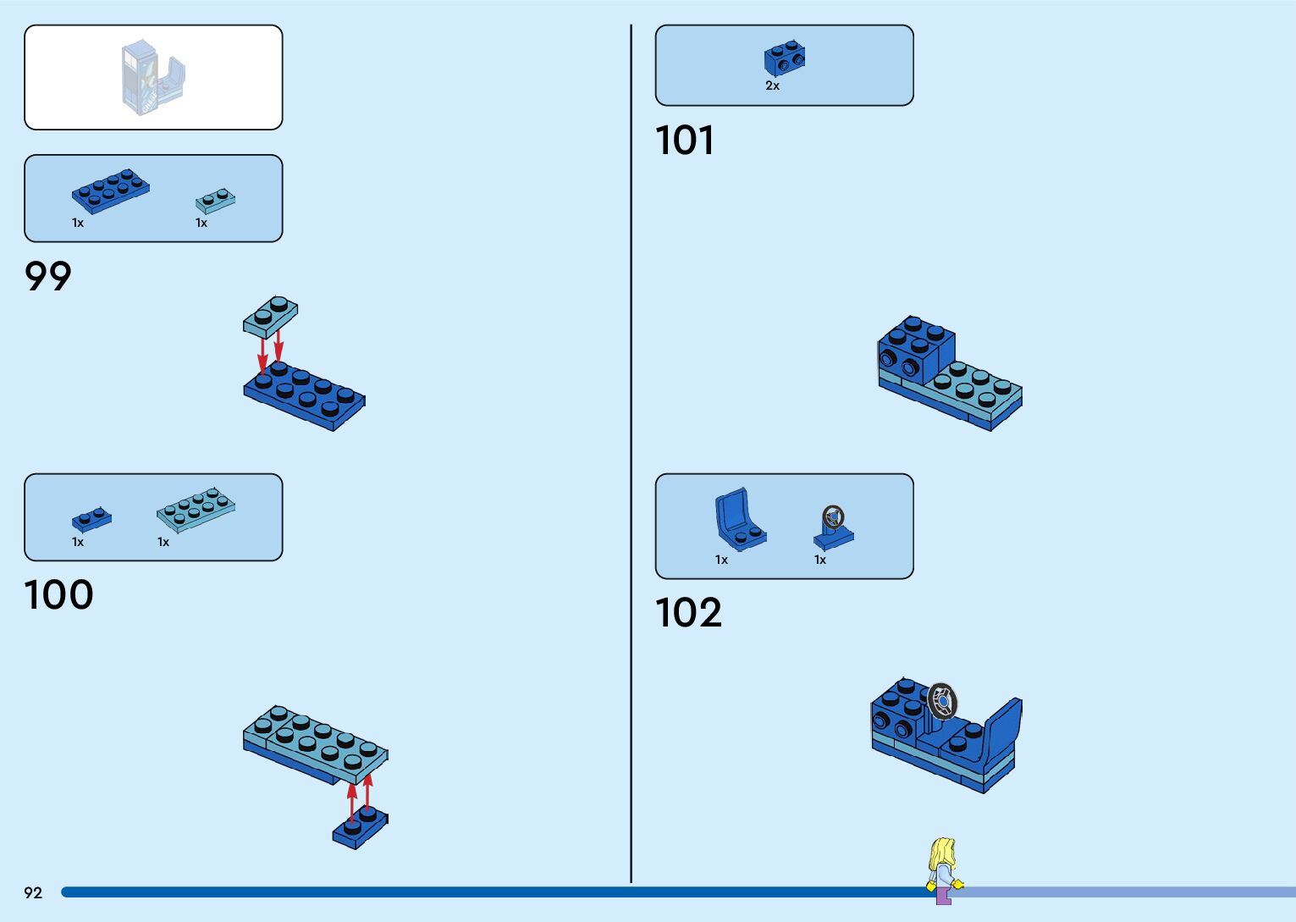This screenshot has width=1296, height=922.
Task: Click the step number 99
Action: pos(48,276)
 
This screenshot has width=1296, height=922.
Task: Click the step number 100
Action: pos(58,594)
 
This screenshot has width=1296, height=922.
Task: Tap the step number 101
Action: pos(684,141)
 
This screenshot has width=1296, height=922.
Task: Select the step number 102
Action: pos(688,612)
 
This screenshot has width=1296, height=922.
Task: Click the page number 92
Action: pos(33,892)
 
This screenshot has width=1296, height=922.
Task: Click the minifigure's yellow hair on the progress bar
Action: pos(941,853)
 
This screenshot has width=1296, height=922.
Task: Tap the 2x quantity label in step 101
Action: pos(772,86)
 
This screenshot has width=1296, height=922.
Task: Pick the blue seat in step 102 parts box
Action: pos(738,519)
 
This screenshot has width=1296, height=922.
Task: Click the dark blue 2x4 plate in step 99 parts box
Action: pos(110,190)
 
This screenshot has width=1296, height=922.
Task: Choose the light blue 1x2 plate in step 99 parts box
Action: pos(215,201)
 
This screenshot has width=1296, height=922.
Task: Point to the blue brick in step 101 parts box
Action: pos(785,58)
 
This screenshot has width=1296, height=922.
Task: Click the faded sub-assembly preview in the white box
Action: pos(152,77)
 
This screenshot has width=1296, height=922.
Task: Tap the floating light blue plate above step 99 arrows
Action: pos(270,316)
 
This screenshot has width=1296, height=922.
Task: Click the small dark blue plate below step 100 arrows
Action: pos(360,826)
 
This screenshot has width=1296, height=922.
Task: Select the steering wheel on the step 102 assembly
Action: pos(941,701)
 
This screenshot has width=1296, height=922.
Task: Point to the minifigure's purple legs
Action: pos(943,895)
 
